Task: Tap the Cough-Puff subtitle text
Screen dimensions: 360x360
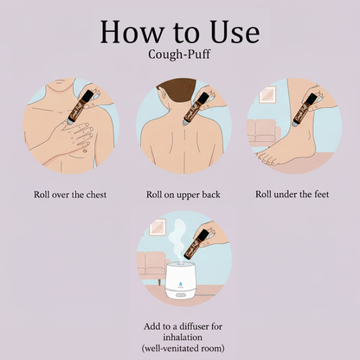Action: click(180, 60)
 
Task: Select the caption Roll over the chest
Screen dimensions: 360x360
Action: click(71, 194)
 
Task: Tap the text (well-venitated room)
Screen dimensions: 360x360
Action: click(180, 348)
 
